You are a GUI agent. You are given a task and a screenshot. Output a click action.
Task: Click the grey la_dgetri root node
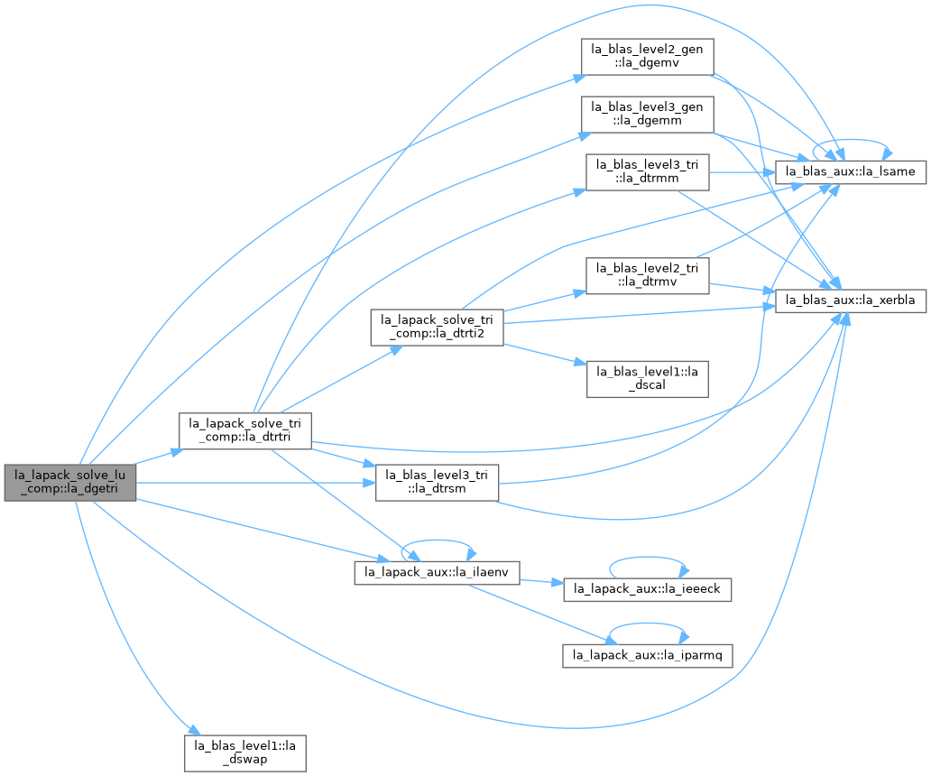pyautogui.click(x=70, y=482)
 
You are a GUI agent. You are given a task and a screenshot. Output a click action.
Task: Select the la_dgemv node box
pyautogui.click(x=647, y=57)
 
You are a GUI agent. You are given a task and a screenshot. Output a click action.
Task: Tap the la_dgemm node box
pyautogui.click(x=647, y=114)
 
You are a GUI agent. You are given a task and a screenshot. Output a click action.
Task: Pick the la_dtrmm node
pyautogui.click(x=647, y=172)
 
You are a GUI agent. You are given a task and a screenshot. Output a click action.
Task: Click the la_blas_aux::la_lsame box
pyautogui.click(x=850, y=171)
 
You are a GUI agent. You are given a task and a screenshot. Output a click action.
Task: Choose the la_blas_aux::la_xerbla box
pyautogui.click(x=850, y=300)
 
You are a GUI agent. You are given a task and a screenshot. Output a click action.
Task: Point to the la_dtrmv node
pyautogui.click(x=647, y=275)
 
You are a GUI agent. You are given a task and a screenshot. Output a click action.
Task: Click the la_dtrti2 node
pyautogui.click(x=437, y=328)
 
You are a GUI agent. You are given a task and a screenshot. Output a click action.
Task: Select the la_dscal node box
pyautogui.click(x=647, y=379)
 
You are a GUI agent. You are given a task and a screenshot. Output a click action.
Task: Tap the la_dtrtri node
pyautogui.click(x=245, y=430)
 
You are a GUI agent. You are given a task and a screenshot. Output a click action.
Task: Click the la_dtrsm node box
pyautogui.click(x=437, y=482)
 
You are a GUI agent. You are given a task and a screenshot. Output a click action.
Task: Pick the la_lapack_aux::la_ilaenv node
pyautogui.click(x=437, y=572)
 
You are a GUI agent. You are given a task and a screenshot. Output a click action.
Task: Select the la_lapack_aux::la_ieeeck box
pyautogui.click(x=647, y=589)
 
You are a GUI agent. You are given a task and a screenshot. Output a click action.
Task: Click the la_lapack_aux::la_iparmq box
pyautogui.click(x=647, y=655)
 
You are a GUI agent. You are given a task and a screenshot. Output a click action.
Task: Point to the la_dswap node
pyautogui.click(x=245, y=753)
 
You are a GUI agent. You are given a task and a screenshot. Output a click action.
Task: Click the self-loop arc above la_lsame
pyautogui.click(x=850, y=140)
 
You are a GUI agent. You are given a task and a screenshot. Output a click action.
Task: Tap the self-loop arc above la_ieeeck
pyautogui.click(x=647, y=558)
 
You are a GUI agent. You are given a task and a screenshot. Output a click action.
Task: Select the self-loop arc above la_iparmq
pyautogui.click(x=647, y=624)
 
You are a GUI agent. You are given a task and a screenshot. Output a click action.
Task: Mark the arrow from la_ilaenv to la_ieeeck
pyautogui.click(x=541, y=581)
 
